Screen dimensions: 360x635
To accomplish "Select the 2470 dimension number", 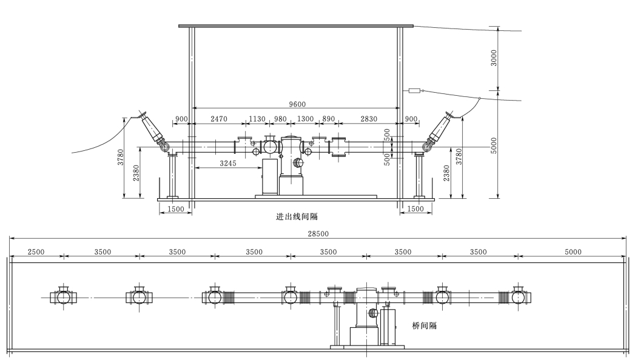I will pos(218,119).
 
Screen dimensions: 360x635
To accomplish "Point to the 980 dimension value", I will pos(280,119).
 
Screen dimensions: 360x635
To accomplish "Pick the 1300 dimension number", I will pos(306,119).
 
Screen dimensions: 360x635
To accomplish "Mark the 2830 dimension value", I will pos(368,119).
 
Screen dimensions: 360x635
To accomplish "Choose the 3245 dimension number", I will pos(228,163).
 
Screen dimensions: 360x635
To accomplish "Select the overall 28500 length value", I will pos(317,233).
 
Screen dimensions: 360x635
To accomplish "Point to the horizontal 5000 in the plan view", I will pos(573,252).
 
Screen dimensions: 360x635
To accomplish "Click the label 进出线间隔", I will pos(297,216).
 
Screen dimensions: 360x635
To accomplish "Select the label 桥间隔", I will pos(424,325).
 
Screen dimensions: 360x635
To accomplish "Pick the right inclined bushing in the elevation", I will pos(440,130).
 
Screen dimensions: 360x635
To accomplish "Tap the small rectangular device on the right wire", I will pos(415,91).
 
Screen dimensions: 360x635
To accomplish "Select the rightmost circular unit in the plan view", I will pos(519,297).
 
